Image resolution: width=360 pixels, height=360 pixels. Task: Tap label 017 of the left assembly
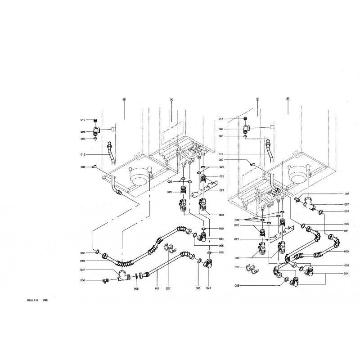83,120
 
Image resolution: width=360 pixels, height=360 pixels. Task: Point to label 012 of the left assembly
83,155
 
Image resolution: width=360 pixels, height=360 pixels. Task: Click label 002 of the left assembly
83,167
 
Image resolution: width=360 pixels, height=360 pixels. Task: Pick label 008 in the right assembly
346,193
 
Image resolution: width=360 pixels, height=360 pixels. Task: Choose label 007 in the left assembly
83,270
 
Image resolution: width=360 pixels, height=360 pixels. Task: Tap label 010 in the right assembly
346,251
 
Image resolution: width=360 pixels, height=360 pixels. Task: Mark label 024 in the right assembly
346,273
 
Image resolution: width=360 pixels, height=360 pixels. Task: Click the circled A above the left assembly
171,98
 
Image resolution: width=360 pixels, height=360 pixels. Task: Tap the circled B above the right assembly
288,98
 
